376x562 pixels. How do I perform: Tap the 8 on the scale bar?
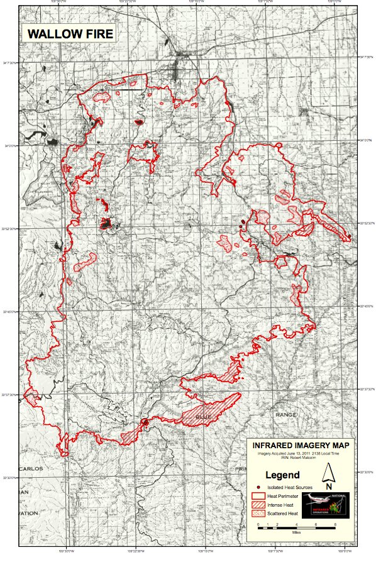(336, 524)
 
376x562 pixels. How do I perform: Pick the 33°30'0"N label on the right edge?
(367, 471)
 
